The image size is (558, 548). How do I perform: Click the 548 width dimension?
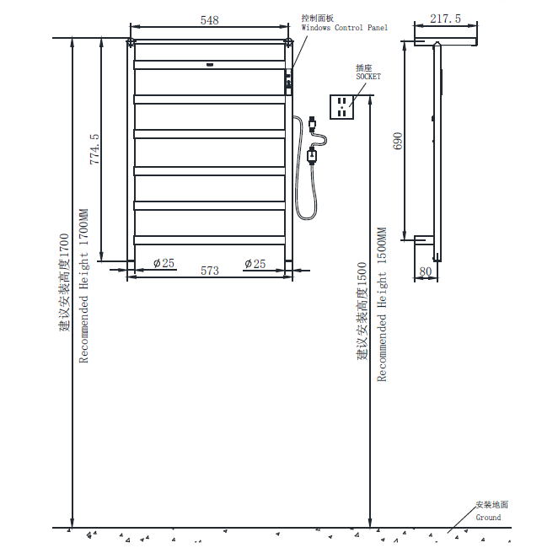tap(209, 20)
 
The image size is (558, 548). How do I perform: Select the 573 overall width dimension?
tap(210, 271)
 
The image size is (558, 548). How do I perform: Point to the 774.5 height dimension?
tap(94, 149)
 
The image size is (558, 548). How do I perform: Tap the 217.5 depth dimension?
tap(445, 19)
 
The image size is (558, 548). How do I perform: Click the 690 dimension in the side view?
tap(398, 141)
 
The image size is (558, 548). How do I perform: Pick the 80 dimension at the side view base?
tap(426, 271)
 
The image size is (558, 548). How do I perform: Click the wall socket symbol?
tap(341, 107)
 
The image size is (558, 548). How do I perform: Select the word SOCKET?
tap(368, 77)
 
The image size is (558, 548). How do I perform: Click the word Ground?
tap(488, 518)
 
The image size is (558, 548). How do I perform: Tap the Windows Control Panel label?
tap(345, 28)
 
